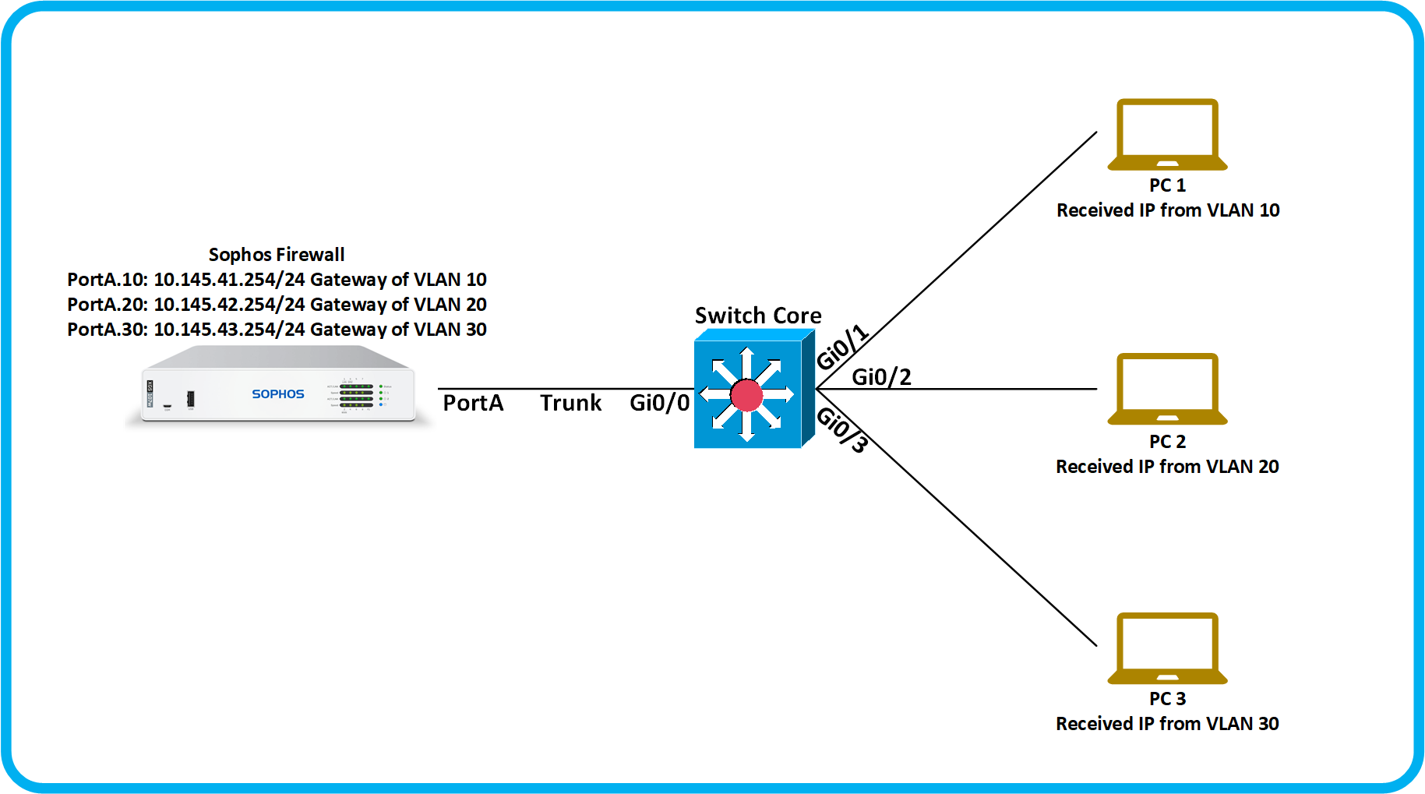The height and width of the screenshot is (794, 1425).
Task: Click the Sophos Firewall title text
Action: coord(277,255)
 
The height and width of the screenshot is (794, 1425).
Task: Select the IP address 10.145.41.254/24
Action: coord(229,280)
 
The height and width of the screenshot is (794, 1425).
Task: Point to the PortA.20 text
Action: coord(107,305)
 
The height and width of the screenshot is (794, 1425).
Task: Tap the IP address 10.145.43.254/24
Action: coord(229,330)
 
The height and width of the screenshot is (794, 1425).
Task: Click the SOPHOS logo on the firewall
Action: coord(277,394)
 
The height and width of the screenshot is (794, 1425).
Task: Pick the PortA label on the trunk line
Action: coord(473,403)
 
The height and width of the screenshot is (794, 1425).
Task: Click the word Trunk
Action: coord(570,403)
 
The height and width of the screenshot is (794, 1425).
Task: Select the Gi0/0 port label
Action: coord(659,403)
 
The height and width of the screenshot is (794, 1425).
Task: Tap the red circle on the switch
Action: coord(746,395)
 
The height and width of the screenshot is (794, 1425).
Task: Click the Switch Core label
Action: coord(758,316)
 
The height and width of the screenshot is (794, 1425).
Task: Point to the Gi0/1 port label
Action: coord(841,347)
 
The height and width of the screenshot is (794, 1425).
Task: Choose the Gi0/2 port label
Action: coord(881,377)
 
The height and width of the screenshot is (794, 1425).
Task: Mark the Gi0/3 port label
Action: coord(841,429)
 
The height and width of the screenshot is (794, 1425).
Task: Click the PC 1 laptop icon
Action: coord(1167,134)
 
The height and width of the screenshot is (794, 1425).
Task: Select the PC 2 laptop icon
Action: coord(1167,389)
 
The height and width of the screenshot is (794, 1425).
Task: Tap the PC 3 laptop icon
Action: coord(1167,648)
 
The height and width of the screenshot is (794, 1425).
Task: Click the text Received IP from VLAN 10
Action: coord(1167,210)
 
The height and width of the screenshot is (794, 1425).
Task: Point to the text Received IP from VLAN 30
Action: coord(1167,724)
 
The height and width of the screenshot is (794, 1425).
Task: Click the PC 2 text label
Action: coord(1167,442)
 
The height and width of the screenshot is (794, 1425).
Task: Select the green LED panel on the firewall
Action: coord(356,396)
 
